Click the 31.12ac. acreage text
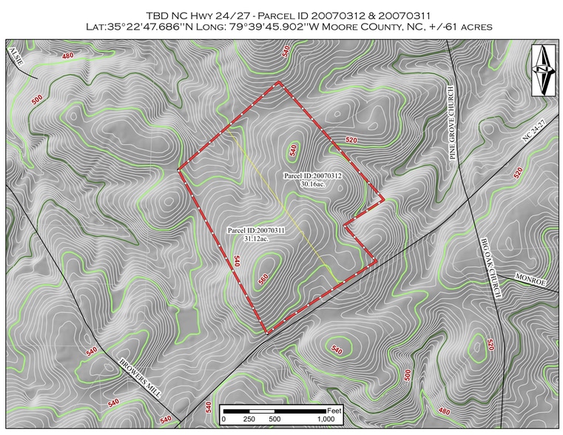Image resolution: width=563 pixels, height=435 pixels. [x=249, y=239]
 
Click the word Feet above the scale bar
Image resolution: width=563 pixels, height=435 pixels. [x=334, y=410]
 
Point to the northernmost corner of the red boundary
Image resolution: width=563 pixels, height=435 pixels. [x=279, y=81]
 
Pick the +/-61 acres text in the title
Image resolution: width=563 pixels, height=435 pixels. [x=468, y=27]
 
